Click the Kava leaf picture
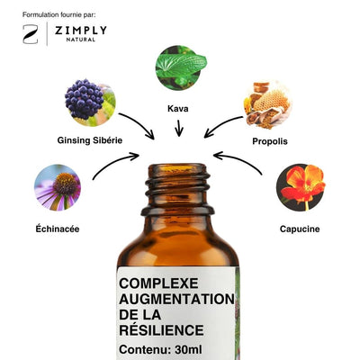181,67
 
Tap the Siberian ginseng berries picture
90,103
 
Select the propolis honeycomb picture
266,104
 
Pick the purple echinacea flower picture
58,187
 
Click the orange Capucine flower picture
301,187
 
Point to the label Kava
178,108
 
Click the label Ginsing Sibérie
90,140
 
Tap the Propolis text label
270,141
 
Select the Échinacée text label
58,229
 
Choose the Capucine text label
300,229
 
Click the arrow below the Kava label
179,128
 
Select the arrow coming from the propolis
222,123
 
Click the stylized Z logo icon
31,34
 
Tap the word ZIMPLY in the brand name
80,31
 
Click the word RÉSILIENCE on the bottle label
161,330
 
